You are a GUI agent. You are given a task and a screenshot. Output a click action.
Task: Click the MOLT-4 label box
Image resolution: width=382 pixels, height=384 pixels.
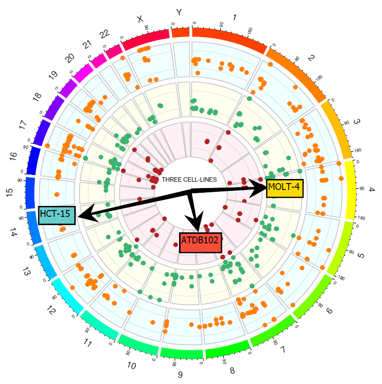[x=284, y=187]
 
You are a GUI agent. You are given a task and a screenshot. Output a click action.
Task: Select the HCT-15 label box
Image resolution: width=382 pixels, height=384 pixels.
[x=57, y=214]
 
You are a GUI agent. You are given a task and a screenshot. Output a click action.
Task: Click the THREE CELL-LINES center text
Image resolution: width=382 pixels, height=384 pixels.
[x=189, y=179]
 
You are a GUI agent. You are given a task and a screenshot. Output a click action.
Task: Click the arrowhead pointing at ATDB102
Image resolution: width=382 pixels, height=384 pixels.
[x=197, y=224]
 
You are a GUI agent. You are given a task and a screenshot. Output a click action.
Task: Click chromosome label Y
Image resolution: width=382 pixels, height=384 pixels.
[x=179, y=12]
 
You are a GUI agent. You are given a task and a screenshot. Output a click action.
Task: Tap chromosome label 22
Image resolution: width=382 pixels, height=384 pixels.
[x=104, y=33]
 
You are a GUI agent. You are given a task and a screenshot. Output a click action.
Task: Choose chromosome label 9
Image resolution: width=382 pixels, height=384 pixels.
[x=180, y=375]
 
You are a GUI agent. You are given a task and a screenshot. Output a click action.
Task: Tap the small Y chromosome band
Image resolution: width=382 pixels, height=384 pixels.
[x=181, y=32]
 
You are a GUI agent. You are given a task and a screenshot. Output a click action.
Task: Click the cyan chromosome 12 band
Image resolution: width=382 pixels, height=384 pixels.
[x=67, y=297]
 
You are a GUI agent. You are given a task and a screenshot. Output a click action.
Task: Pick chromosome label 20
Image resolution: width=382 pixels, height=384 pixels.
[x=69, y=58]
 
